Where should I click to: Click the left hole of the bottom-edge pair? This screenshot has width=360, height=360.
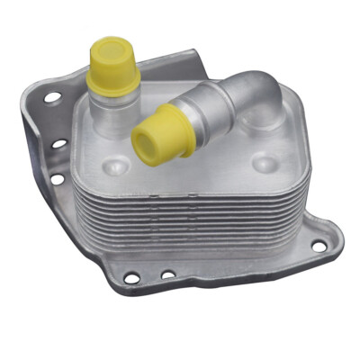(x=131, y=278)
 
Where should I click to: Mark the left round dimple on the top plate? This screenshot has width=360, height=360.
(x=116, y=166)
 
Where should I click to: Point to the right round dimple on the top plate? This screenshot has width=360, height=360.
(x=263, y=165)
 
